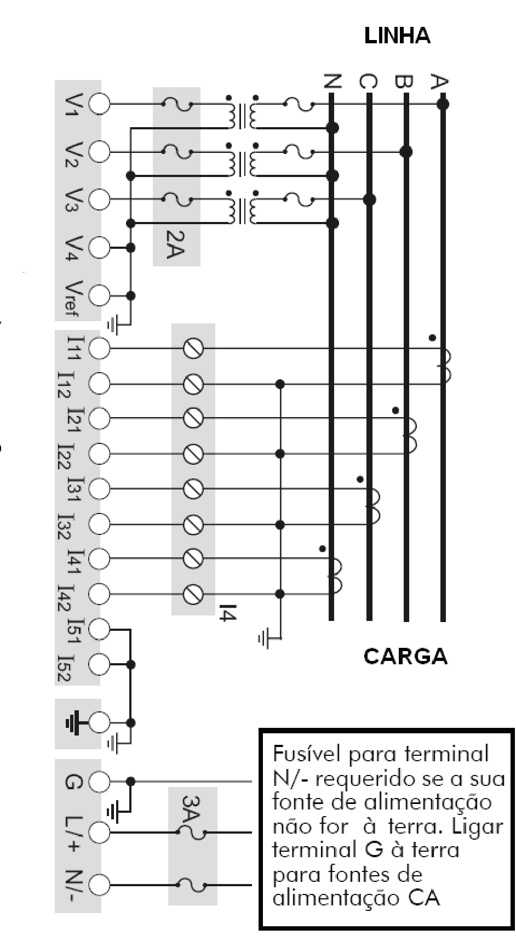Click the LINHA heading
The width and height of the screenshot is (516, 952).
tap(397, 36)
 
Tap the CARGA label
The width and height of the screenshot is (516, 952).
tap(405, 656)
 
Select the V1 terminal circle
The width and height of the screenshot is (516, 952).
tap(99, 104)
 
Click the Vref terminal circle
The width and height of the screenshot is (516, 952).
tap(99, 296)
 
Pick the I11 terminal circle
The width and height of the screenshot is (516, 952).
tap(99, 349)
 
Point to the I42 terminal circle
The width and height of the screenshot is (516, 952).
tap(99, 594)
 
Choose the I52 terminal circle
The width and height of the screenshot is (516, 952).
tap(99, 664)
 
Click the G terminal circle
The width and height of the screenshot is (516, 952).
tap(99, 781)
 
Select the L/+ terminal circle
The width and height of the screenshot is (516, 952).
tap(99, 833)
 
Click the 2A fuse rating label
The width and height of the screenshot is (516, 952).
tap(175, 244)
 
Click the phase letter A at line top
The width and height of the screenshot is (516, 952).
tap(438, 82)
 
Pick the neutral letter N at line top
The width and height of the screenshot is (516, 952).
tap(332, 82)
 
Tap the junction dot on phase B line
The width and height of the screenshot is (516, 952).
tap(406, 151)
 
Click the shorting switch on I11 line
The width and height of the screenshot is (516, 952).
tap(192, 349)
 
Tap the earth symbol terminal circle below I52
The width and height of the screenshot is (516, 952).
tap(99, 723)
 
